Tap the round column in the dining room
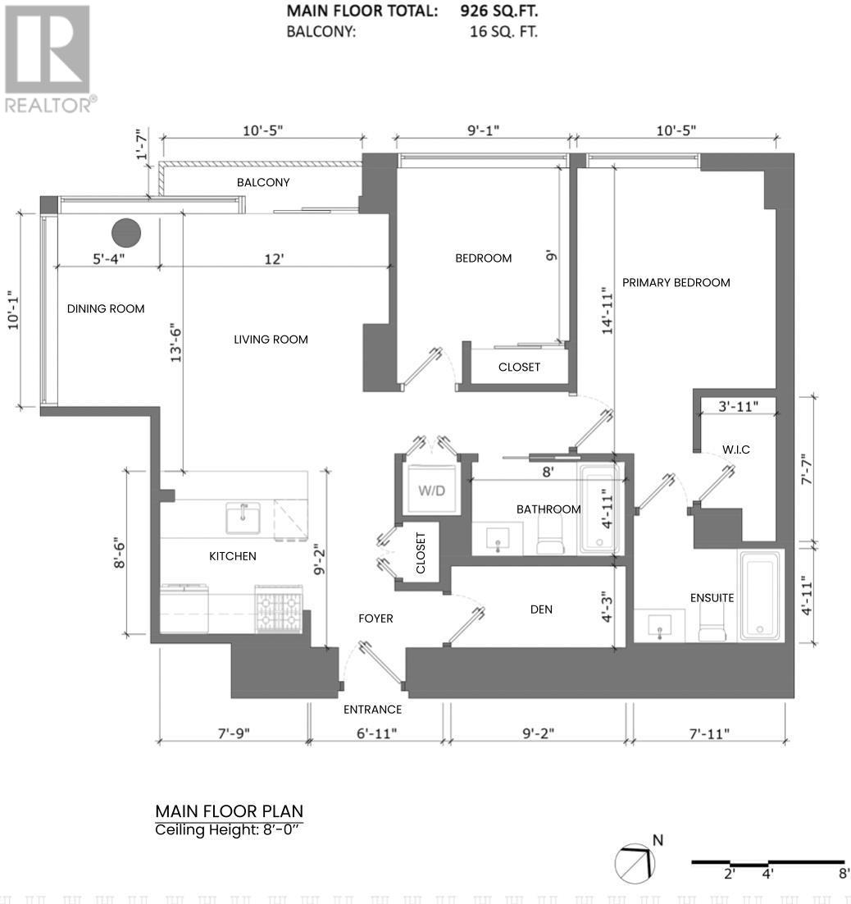126,233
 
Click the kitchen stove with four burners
279,609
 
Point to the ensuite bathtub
761,596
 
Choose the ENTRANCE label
373,710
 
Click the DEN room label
541,609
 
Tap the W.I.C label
735,450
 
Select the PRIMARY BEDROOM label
676,282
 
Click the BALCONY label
263,182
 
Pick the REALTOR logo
48,57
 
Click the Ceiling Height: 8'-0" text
229,830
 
